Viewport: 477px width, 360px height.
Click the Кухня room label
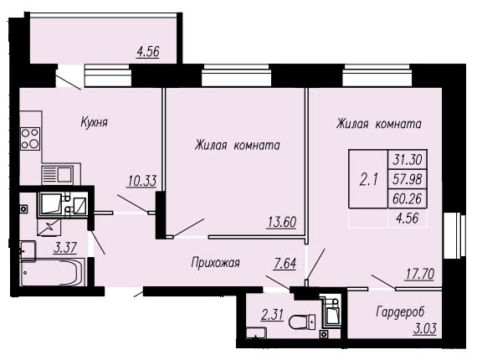pyautogui.click(x=95, y=122)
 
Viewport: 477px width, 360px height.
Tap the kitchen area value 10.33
pyautogui.click(x=142, y=181)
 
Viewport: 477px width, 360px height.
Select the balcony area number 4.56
pyautogui.click(x=148, y=51)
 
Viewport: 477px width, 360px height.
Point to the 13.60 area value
pyautogui.click(x=282, y=222)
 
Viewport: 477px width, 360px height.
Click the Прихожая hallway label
pyautogui.click(x=215, y=263)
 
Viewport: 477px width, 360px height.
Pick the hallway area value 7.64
pyautogui.click(x=285, y=264)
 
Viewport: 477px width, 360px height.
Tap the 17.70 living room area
pyautogui.click(x=419, y=274)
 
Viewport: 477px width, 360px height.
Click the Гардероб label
pyautogui.click(x=400, y=312)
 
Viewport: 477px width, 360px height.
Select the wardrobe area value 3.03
pyautogui.click(x=425, y=329)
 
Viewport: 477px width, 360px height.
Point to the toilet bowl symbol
pyautogui.click(x=302, y=322)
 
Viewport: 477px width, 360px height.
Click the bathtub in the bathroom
pyautogui.click(x=54, y=272)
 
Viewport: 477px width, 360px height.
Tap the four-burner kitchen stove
pyautogui.click(x=30, y=138)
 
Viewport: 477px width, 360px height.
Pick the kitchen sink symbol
pyautogui.click(x=58, y=175)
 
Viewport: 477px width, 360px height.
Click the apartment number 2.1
pyautogui.click(x=369, y=179)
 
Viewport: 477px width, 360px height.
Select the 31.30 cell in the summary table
pyautogui.click(x=408, y=159)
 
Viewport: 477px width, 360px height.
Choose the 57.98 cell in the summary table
pyautogui.click(x=408, y=179)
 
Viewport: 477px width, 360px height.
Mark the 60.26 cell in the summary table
pyautogui.click(x=408, y=198)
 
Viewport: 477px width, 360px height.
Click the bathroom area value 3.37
pyautogui.click(x=64, y=248)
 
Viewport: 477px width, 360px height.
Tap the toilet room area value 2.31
pyautogui.click(x=272, y=315)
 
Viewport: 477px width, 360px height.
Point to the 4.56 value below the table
pyautogui.click(x=408, y=218)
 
